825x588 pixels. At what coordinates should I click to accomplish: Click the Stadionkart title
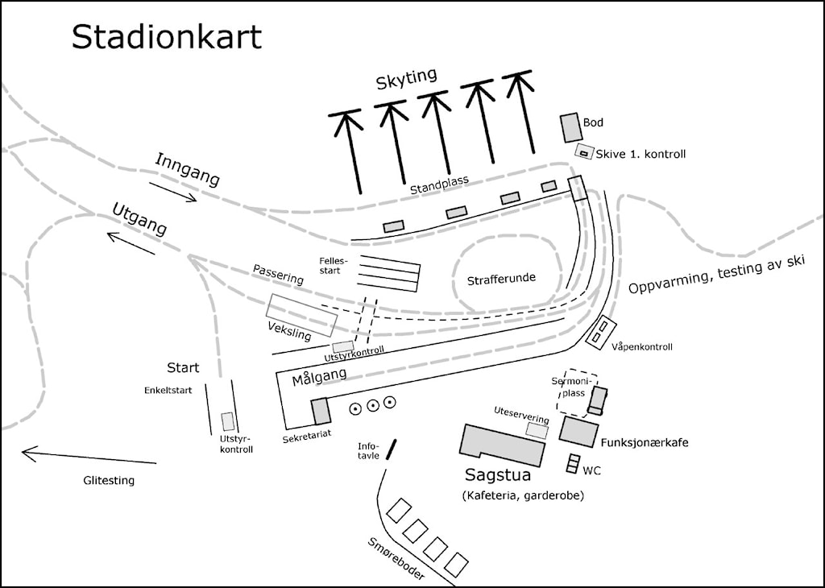[167, 37]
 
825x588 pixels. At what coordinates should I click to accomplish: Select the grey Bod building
[570, 128]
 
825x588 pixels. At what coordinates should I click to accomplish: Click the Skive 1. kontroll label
[641, 154]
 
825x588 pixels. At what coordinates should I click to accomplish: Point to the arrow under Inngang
[172, 192]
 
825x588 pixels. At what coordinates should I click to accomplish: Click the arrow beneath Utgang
[131, 243]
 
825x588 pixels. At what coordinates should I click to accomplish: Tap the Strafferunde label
[501, 279]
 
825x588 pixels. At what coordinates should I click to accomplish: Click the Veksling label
[289, 330]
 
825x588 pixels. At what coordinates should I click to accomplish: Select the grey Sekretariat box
[321, 412]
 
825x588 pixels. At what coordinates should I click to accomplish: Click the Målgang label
[319, 377]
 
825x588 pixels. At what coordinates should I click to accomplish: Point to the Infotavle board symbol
[391, 449]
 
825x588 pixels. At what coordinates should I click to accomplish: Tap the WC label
[591, 470]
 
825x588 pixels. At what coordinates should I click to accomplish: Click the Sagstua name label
[498, 475]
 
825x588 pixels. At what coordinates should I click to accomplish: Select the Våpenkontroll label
[642, 346]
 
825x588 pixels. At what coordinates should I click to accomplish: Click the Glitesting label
[109, 481]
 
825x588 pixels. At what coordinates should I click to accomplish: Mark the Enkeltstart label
[168, 390]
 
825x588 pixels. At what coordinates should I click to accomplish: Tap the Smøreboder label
[396, 559]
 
